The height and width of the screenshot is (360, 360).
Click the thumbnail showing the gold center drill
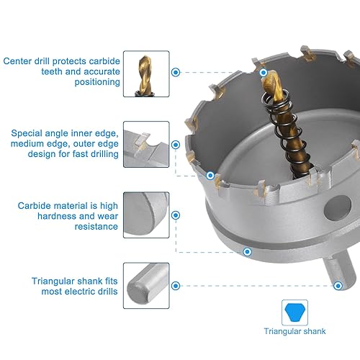pos(146,73)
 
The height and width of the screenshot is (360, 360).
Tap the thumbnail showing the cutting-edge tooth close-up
pos(146,143)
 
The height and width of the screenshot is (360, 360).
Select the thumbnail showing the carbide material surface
pos(146,215)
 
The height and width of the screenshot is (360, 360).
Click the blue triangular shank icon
pos(294,312)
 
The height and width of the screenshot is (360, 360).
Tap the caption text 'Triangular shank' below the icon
pos(294,332)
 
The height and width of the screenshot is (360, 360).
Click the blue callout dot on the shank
pos(338,285)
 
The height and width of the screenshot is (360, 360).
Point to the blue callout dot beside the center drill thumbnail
pos(176,72)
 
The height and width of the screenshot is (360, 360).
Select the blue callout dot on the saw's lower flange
pos(247,252)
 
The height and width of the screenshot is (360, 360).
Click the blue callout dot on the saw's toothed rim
pos(210,175)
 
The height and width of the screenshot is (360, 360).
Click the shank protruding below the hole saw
pos(333,266)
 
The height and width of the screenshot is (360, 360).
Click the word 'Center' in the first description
pos(17,60)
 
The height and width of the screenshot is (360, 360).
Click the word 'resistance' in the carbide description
pos(96,226)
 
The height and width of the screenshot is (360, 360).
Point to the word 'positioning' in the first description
pos(96,82)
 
